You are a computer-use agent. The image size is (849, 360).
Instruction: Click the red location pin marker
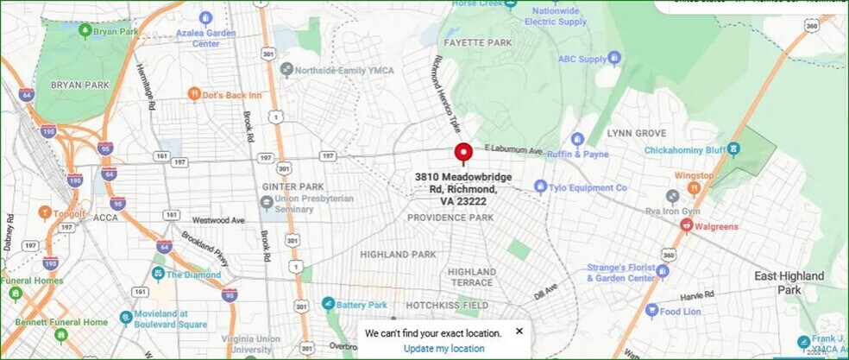463,153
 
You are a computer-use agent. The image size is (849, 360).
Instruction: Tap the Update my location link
443,348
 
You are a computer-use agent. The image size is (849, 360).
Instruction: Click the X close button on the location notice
519,331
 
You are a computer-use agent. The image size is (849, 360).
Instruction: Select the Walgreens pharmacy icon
687,225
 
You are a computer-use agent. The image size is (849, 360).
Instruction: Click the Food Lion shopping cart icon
652,311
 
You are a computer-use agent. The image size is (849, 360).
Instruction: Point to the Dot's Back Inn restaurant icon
194,94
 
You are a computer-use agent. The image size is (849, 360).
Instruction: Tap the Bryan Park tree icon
85,31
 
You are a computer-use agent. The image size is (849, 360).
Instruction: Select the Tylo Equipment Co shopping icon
540,186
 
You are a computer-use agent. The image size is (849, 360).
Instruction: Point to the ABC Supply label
582,60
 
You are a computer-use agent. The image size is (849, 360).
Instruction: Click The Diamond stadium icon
158,274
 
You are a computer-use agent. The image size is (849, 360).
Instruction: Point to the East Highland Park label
789,282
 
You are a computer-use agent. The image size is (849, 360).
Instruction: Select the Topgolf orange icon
45,212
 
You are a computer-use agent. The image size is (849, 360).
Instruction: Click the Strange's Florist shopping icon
663,272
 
